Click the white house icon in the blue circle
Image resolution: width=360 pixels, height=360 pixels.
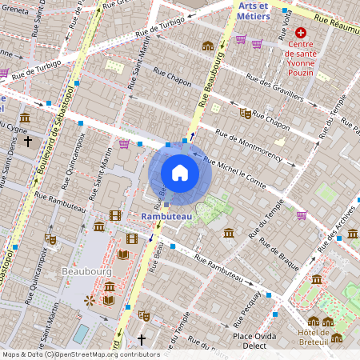click(x=180, y=172)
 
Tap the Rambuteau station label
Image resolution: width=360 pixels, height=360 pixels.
click(x=166, y=216)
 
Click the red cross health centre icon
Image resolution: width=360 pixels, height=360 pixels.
click(x=301, y=33)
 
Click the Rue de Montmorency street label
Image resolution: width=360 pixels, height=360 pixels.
click(x=249, y=142)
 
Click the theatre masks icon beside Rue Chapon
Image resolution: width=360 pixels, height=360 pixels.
click(x=246, y=114)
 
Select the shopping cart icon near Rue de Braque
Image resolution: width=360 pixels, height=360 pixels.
click(x=302, y=214)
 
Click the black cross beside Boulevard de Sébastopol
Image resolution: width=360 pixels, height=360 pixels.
click(x=28, y=142)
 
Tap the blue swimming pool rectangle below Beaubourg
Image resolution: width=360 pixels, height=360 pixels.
click(x=81, y=332)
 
